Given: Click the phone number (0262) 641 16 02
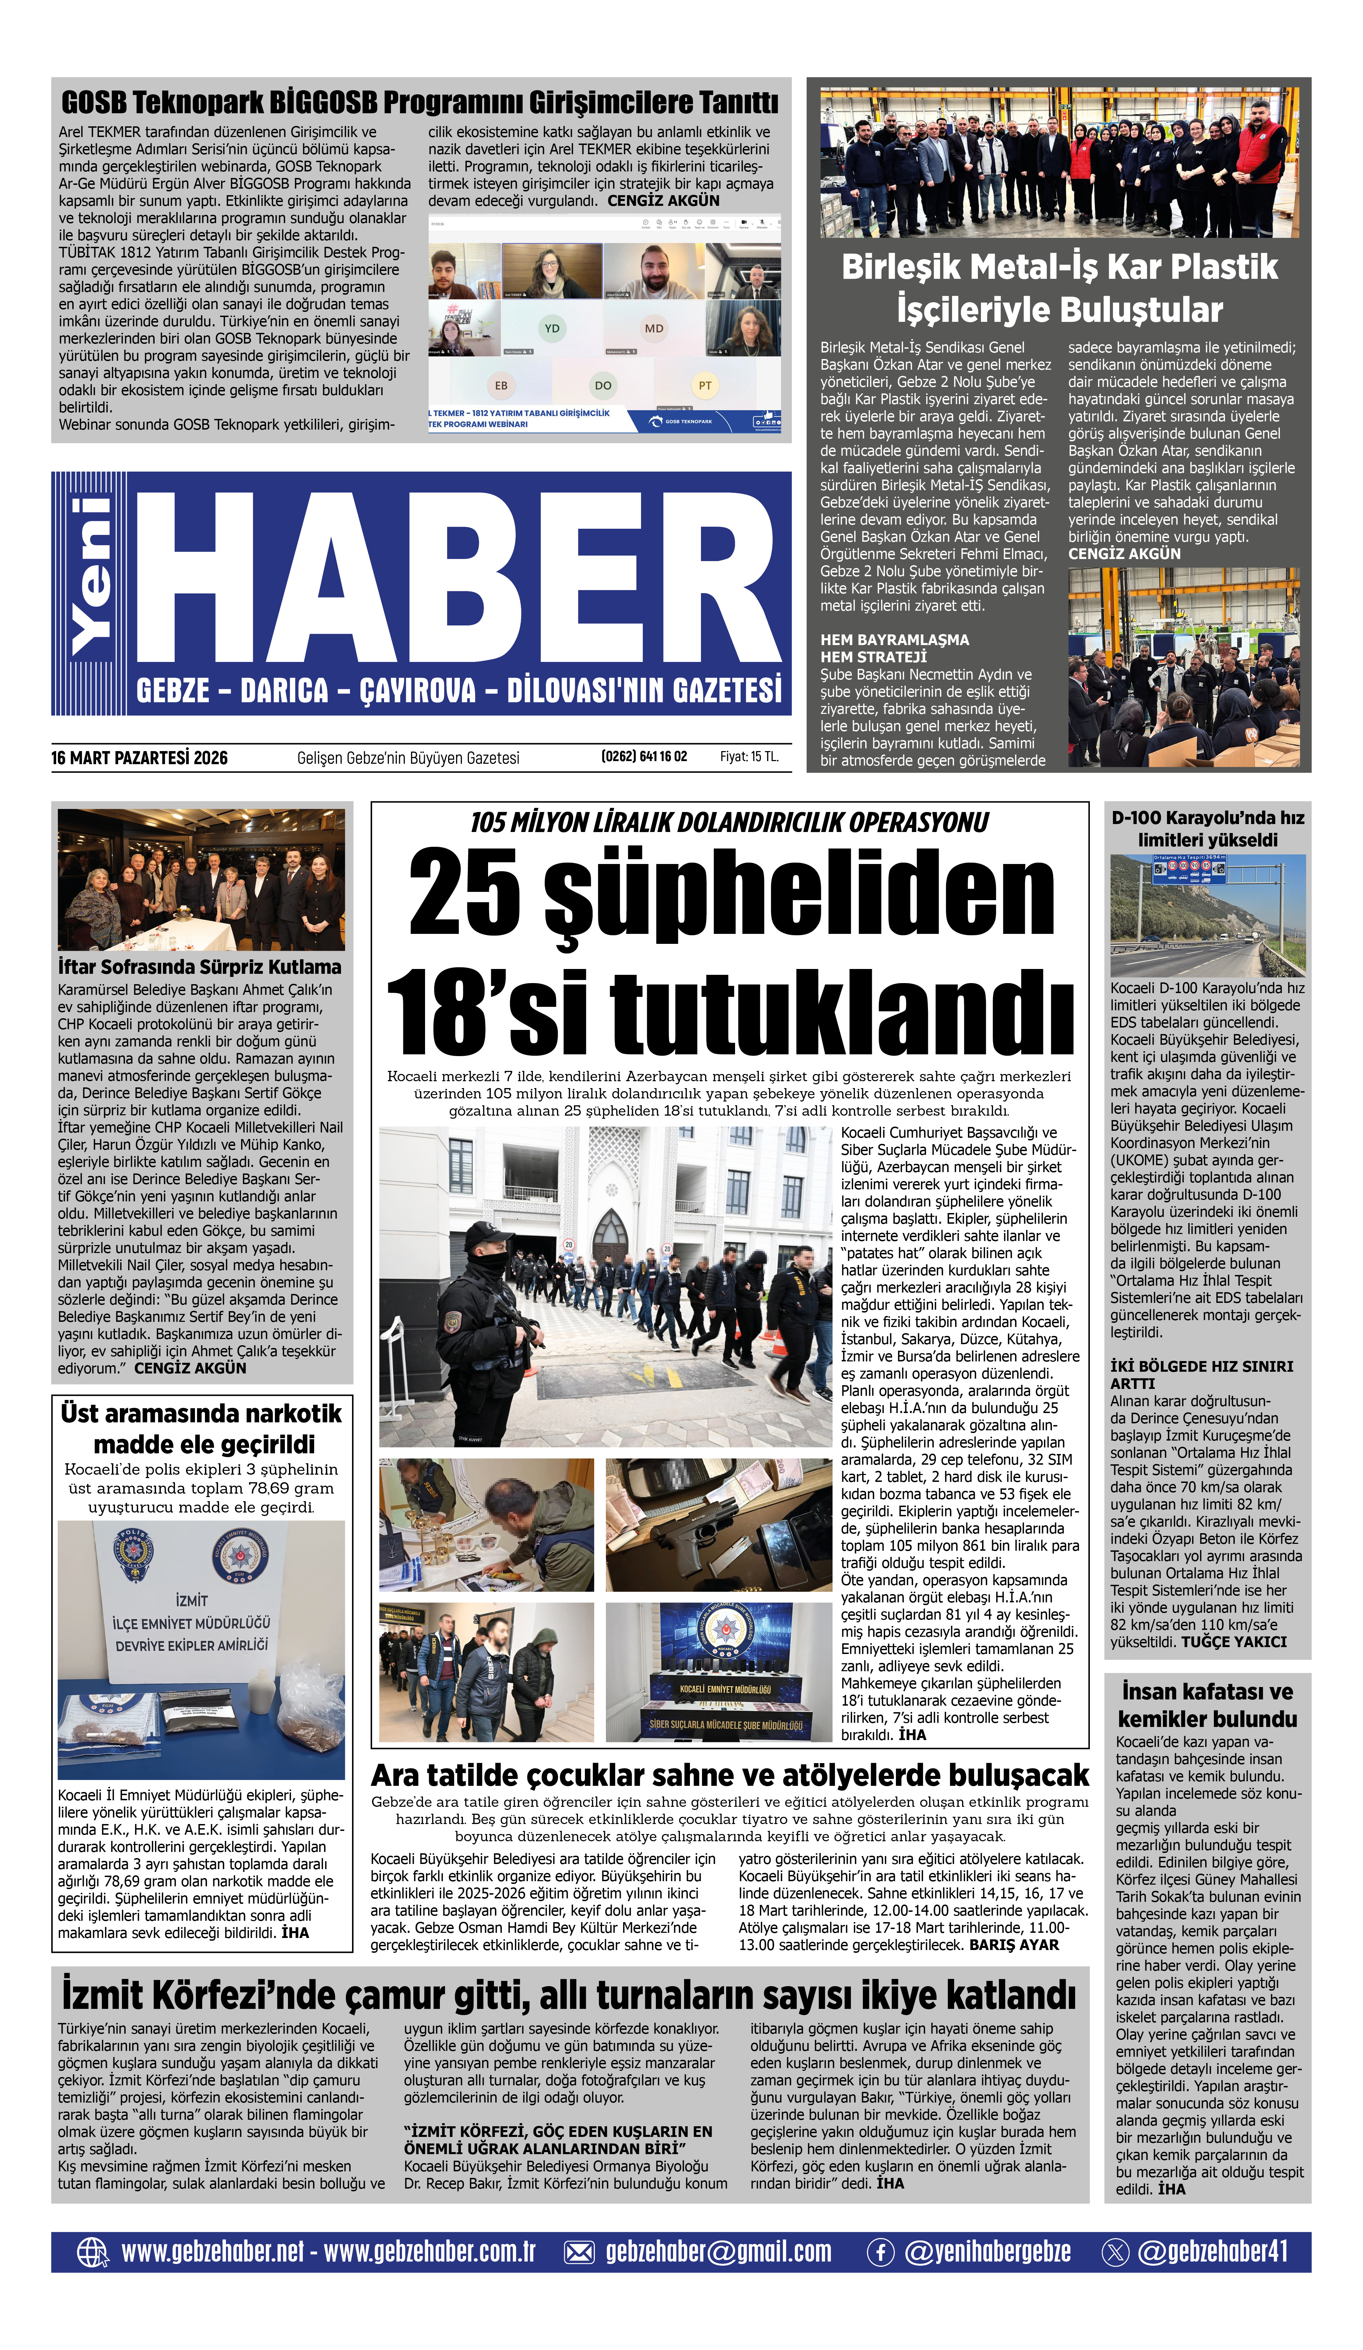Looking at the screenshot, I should coord(644,756).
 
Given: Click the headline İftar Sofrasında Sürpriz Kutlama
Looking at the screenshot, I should coord(200,967).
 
